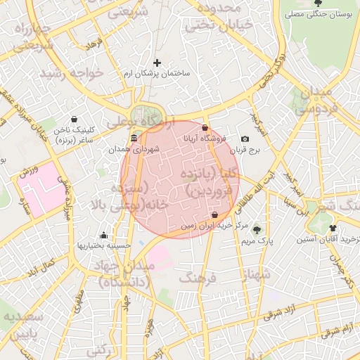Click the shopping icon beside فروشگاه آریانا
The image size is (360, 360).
[205, 128]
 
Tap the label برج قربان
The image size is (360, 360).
[247, 150]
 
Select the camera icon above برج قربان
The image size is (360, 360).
[245, 139]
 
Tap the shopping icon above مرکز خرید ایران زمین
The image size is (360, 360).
[214, 214]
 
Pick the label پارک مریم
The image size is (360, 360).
[256, 240]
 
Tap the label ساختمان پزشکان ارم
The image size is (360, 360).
[156, 74]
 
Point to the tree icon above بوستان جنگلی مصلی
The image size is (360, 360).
[318, 4]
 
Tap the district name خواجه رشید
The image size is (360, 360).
[72, 72]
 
